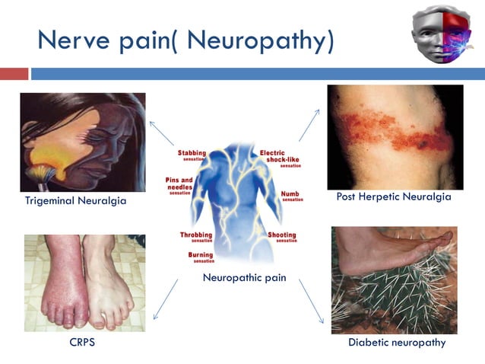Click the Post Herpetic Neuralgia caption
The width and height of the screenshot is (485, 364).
tap(394, 197)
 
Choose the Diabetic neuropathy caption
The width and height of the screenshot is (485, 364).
tap(397, 343)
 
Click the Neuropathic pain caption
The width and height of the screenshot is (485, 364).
tap(244, 278)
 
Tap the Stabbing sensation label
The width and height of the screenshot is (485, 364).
tap(192, 155)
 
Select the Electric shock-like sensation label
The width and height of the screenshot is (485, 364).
tap(274, 158)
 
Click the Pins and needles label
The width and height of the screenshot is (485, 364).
tap(182, 184)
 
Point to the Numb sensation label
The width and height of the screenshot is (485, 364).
tap(290, 196)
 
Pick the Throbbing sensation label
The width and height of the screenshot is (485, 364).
tap(196, 237)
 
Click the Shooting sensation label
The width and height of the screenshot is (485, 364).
tap(281, 238)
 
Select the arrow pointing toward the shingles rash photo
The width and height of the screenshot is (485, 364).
tap(309, 125)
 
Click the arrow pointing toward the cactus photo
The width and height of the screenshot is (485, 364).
tap(312, 297)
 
